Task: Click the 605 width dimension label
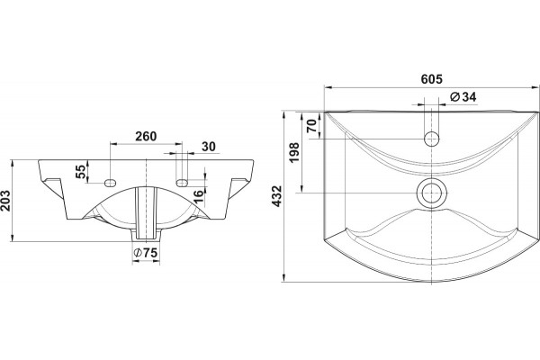[431, 79]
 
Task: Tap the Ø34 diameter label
[463, 97]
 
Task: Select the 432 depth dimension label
[277, 196]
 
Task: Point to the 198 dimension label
[294, 153]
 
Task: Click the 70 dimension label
[312, 126]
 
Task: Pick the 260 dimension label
[146, 137]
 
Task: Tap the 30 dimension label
[209, 147]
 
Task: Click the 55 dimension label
[80, 171]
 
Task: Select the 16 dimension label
[199, 197]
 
